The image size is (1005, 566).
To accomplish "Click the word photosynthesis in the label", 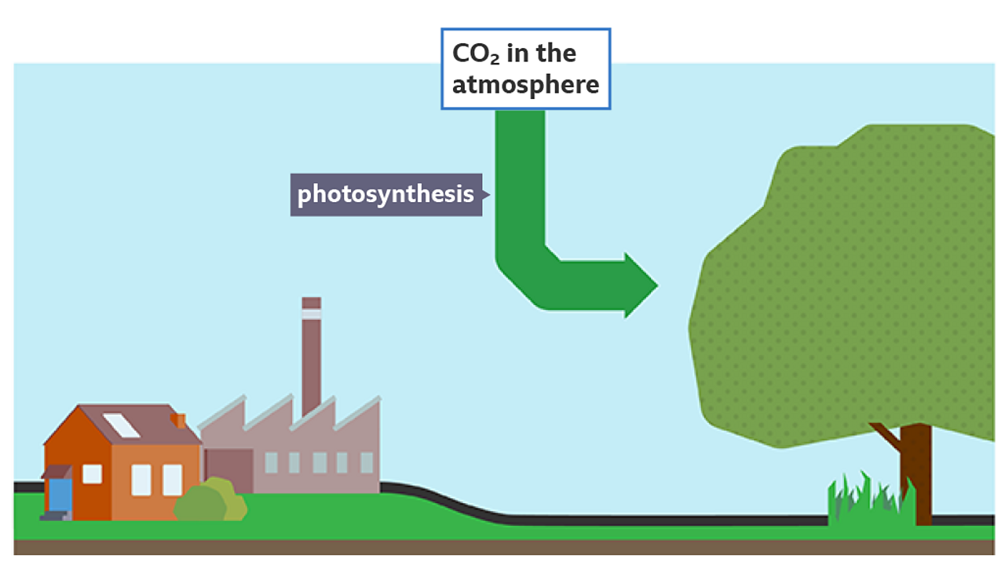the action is coord(386,194).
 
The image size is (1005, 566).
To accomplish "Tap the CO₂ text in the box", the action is coord(476,53).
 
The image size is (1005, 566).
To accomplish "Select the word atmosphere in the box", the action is coord(525,84).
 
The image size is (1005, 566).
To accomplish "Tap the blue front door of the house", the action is coord(60,495).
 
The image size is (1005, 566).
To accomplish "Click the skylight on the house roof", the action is coord(121,425).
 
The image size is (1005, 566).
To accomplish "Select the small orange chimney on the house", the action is coord(178,421).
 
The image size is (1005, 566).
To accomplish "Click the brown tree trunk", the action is coord(916,474).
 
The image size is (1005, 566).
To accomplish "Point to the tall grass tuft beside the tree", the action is coord(871,498).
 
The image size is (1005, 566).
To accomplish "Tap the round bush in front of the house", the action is coord(210,499).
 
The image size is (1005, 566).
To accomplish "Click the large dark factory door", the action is coord(228,471).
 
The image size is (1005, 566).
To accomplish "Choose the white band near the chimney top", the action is coord(312,314).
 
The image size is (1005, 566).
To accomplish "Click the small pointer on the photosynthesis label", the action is coord(486,194).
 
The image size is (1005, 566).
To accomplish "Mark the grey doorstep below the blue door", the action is coord(56,516).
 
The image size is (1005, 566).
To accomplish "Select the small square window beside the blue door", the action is coord(92,474).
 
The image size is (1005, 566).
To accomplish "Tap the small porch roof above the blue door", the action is coord(57,472).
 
